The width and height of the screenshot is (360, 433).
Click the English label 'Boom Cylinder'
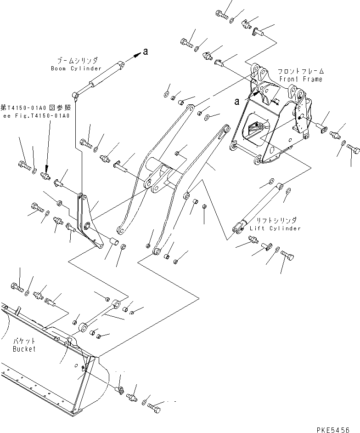[76, 68]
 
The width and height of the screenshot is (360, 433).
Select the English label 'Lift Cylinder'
[275, 228]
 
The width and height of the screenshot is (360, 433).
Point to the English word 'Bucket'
[24, 349]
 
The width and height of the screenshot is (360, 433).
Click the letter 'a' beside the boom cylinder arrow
[145, 52]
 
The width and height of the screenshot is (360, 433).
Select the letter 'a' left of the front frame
[237, 100]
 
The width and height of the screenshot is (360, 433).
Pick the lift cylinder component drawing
[258, 205]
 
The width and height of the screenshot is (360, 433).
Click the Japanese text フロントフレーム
[300, 72]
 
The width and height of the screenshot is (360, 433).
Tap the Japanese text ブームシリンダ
[77, 61]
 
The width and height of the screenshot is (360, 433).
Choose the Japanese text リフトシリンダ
[275, 221]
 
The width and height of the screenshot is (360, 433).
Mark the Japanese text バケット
[23, 342]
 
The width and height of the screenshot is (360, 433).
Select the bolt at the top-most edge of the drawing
[221, 14]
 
